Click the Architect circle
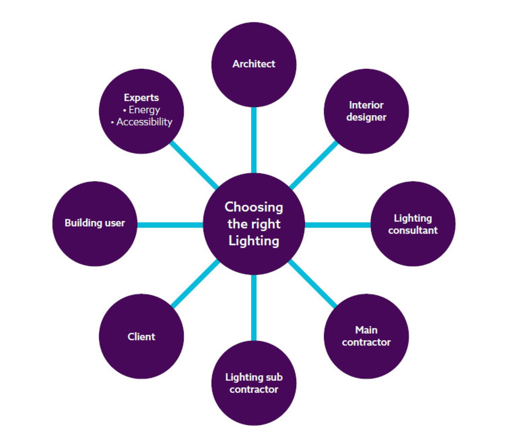click(x=254, y=65)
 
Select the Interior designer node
click(x=366, y=111)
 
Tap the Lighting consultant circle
click(x=413, y=224)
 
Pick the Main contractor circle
click(x=366, y=336)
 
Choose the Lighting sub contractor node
click(x=254, y=383)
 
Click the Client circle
click(x=141, y=336)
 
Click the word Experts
click(x=141, y=98)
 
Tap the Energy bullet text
click(x=144, y=110)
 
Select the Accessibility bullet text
click(x=144, y=122)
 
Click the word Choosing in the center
click(x=254, y=207)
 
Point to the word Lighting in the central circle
click(x=254, y=241)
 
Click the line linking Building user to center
click(x=170, y=225)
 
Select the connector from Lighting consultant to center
click(x=337, y=225)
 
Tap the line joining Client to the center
click(x=196, y=284)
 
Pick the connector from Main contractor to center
click(x=312, y=284)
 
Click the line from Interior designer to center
click(x=313, y=165)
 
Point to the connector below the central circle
click(x=254, y=307)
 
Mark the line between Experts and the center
click(x=194, y=165)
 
